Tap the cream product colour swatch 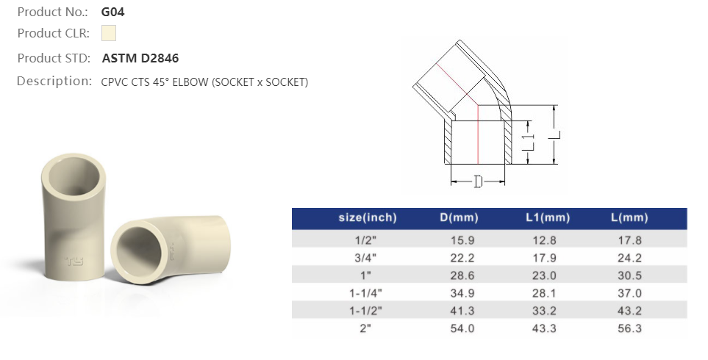[108, 33]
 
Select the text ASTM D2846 [140, 58]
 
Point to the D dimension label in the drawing [477, 181]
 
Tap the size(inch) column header [367, 218]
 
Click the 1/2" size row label [367, 240]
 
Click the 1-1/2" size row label [367, 310]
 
